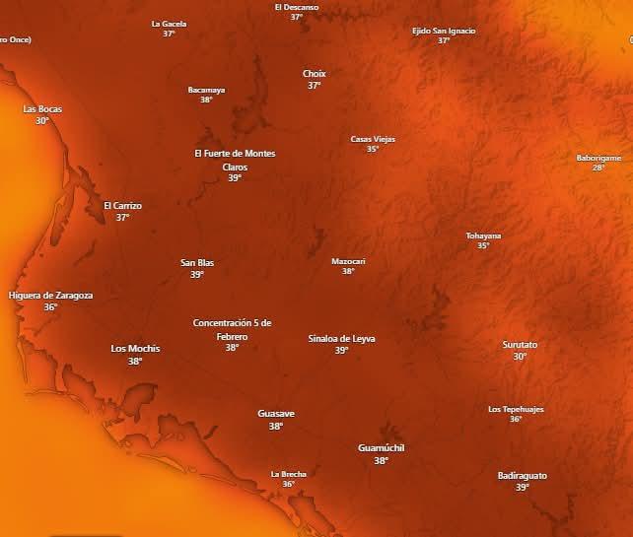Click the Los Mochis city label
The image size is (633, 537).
(x=135, y=349)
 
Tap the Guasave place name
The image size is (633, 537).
(x=276, y=414)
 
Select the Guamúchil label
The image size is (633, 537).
(x=382, y=448)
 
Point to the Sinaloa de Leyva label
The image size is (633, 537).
(x=341, y=338)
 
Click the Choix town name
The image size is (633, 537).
(x=314, y=74)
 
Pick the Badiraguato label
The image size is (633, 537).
(x=522, y=475)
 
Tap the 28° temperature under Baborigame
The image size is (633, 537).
(x=598, y=168)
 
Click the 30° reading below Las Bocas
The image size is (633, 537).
(x=42, y=120)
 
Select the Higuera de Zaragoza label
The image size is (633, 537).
(x=50, y=295)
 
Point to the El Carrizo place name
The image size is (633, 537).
(x=123, y=206)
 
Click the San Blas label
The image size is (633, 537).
(x=197, y=263)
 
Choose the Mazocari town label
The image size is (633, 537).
(x=348, y=261)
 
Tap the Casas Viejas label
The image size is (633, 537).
(x=373, y=139)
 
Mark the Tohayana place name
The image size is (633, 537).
(x=483, y=235)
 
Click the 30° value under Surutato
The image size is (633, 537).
(x=520, y=357)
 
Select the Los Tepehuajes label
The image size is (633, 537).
(x=516, y=409)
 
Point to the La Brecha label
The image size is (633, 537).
(x=289, y=474)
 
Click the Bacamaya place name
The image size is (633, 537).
(x=206, y=90)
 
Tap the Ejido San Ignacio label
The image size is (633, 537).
(x=444, y=31)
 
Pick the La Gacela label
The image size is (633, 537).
(x=169, y=23)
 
